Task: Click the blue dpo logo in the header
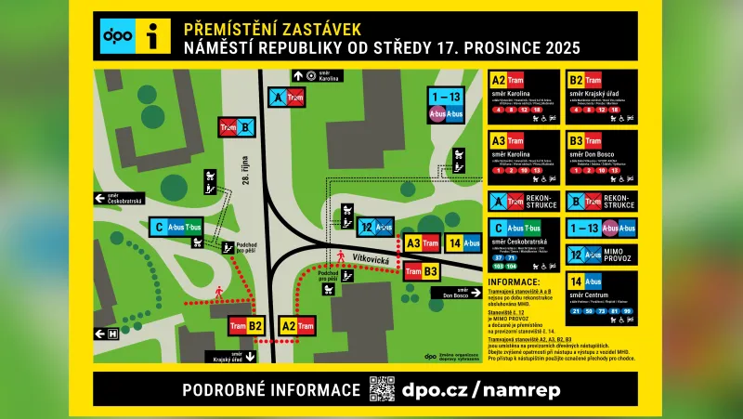(x=117, y=36)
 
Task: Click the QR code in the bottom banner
(x=382, y=389)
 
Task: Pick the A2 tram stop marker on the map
(x=296, y=325)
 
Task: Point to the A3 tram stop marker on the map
(x=422, y=243)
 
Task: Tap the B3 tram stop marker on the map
(x=421, y=271)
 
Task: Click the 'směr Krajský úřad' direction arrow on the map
(x=251, y=356)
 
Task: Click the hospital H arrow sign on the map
(x=105, y=333)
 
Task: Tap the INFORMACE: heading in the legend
(x=514, y=282)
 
